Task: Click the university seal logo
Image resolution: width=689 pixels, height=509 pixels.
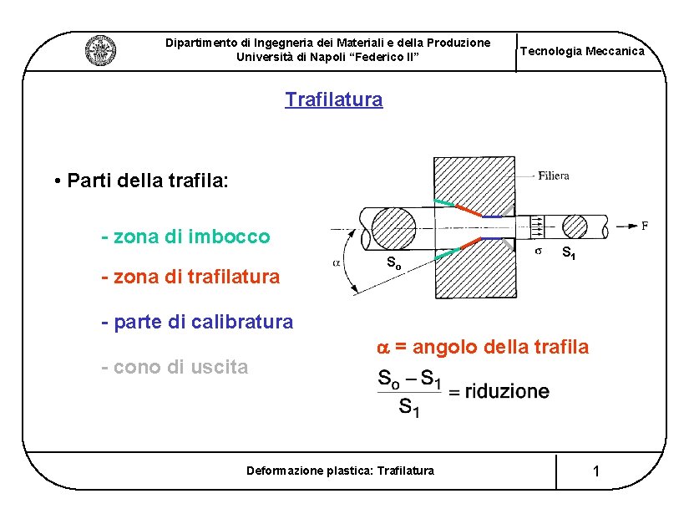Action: click(100, 50)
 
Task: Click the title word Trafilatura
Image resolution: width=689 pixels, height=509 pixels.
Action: click(333, 100)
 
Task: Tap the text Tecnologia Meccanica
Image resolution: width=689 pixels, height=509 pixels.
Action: click(582, 52)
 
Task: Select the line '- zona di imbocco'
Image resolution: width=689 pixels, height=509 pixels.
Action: click(185, 237)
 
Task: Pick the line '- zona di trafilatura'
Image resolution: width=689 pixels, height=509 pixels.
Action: click(190, 276)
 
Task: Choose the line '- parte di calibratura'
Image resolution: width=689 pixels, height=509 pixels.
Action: click(196, 321)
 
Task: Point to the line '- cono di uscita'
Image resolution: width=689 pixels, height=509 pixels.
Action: click(174, 367)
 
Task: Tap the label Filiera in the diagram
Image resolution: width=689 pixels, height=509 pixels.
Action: click(554, 176)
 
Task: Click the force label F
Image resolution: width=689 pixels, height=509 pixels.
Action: click(644, 225)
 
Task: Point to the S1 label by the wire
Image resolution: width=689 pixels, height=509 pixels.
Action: click(568, 252)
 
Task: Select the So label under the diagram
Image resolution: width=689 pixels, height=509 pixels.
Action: click(393, 264)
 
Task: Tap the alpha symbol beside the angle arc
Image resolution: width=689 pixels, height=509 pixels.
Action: click(336, 262)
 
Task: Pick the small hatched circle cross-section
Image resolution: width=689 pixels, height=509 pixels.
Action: click(575, 227)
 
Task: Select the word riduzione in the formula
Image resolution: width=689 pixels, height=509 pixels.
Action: click(507, 391)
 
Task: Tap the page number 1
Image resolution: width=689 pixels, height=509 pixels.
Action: click(595, 472)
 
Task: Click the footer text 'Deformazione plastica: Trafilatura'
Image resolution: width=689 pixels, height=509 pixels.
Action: click(340, 471)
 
